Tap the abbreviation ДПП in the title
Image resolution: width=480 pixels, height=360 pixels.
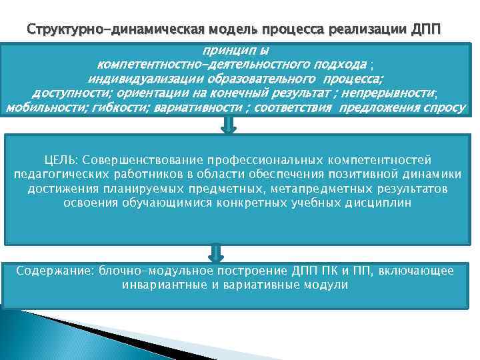(426, 30)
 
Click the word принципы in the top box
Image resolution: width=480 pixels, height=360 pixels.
(237, 51)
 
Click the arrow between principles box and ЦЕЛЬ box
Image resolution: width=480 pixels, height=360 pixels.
(229, 125)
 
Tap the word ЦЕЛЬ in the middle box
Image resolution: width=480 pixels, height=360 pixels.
(59, 160)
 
